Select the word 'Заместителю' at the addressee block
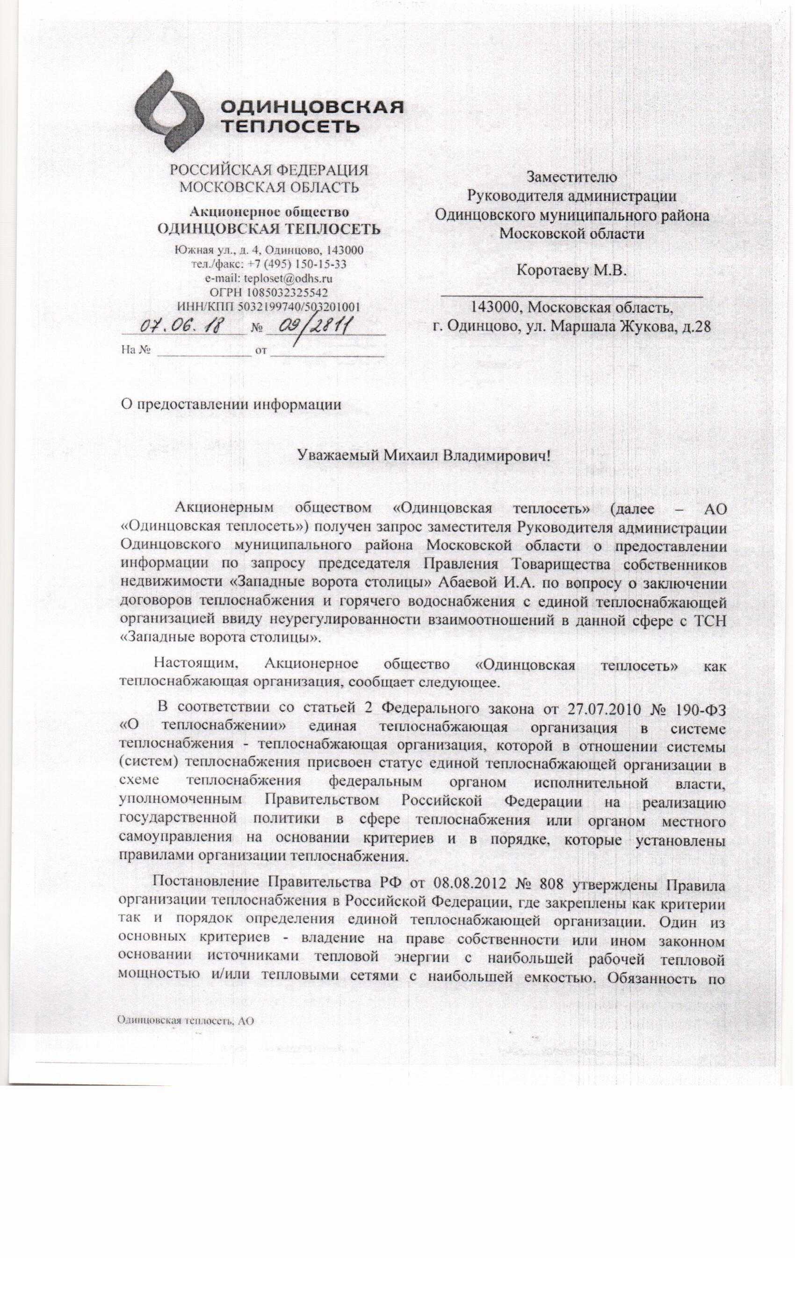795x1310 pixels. click(571, 176)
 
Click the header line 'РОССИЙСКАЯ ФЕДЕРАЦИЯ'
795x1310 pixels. click(268, 171)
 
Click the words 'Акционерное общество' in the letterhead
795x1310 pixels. click(269, 212)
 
